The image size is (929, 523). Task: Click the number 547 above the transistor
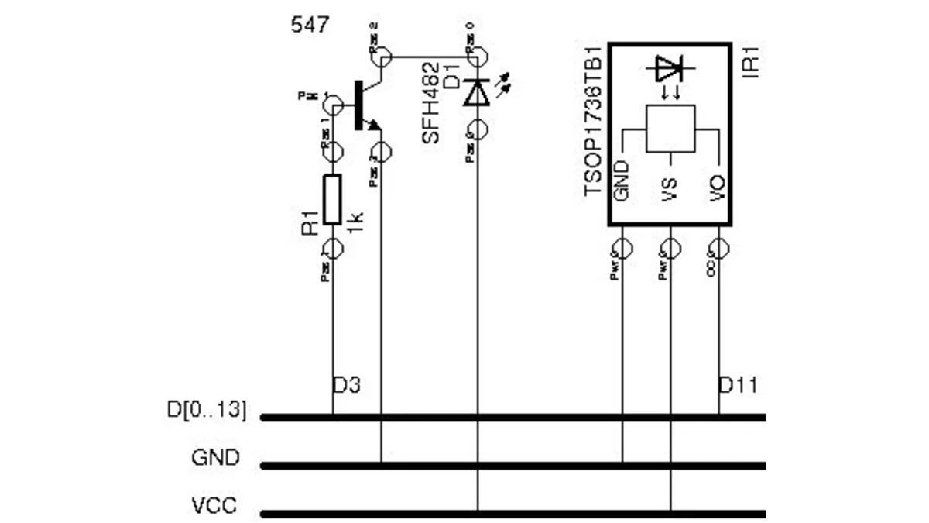310,25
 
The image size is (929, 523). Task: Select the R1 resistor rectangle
332,200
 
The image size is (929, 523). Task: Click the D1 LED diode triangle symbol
477,93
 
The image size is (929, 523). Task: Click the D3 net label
347,385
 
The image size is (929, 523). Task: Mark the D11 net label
738,385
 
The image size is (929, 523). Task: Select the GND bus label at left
215,458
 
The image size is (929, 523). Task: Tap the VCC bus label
214,507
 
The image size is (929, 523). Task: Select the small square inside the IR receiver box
670,129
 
